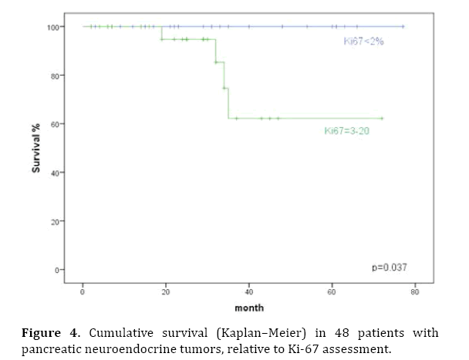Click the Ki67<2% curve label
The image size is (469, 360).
click(363, 41)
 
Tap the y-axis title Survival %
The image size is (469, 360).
click(36, 149)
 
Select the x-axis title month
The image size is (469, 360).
click(248, 308)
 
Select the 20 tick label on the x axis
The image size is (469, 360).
click(166, 292)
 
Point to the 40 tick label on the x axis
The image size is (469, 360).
click(248, 292)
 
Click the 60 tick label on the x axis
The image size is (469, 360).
click(332, 292)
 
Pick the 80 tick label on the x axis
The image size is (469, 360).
click(414, 292)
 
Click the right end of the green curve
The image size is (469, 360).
click(382, 118)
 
